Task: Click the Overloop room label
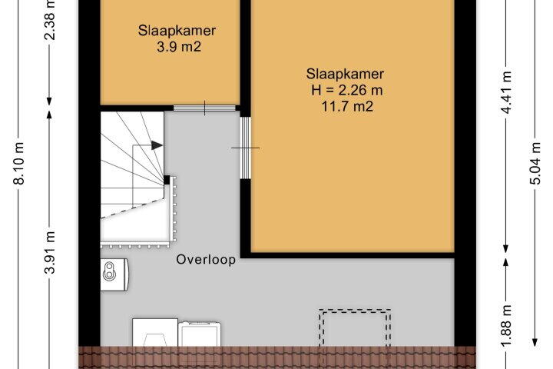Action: pyautogui.click(x=206, y=260)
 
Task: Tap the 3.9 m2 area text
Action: pyautogui.click(x=179, y=47)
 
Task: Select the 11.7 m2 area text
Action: pyautogui.click(x=347, y=106)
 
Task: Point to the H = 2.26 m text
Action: pyautogui.click(x=346, y=90)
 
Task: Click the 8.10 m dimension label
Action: pyautogui.click(x=20, y=163)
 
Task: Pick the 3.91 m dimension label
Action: pyautogui.click(x=50, y=253)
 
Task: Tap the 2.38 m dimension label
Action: pyautogui.click(x=50, y=20)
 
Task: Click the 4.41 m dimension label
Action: pyautogui.click(x=506, y=92)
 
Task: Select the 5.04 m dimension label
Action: pyautogui.click(x=535, y=163)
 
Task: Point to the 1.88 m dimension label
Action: pyautogui.click(x=506, y=326)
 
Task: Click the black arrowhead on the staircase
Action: pyautogui.click(x=157, y=145)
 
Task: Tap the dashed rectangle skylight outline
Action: pyautogui.click(x=355, y=310)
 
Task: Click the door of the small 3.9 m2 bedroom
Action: pyautogui.click(x=204, y=108)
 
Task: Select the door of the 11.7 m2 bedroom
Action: pyautogui.click(x=246, y=148)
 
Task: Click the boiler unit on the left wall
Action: pyautogui.click(x=114, y=274)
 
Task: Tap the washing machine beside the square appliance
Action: pyautogui.click(x=200, y=334)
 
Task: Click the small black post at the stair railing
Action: pyautogui.click(x=167, y=180)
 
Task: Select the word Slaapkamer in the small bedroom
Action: pyautogui.click(x=177, y=31)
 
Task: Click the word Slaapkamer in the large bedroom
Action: pyautogui.click(x=345, y=74)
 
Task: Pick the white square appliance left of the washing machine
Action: pyautogui.click(x=155, y=333)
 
